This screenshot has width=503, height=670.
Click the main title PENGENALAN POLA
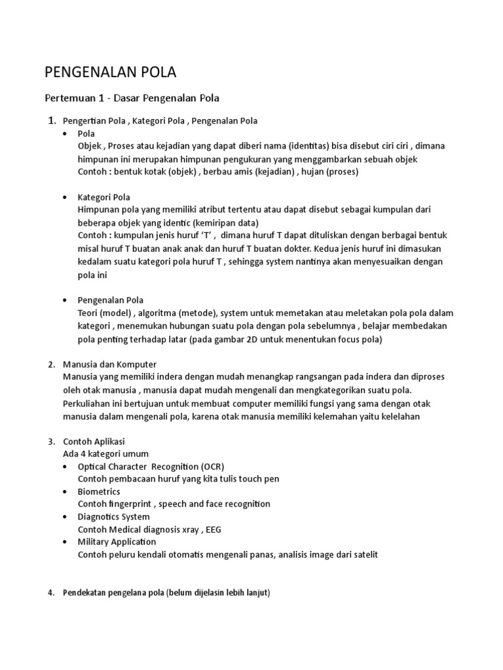[110, 72]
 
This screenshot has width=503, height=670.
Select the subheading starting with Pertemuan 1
[132, 98]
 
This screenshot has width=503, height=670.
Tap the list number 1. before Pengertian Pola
[52, 120]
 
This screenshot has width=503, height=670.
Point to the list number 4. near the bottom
[52, 593]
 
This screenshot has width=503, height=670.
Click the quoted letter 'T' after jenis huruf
[212, 235]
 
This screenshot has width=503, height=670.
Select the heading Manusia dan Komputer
[109, 364]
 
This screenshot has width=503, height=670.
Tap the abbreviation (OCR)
[212, 466]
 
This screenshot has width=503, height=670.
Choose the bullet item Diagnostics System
[113, 516]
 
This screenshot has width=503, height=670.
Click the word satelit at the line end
[364, 555]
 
